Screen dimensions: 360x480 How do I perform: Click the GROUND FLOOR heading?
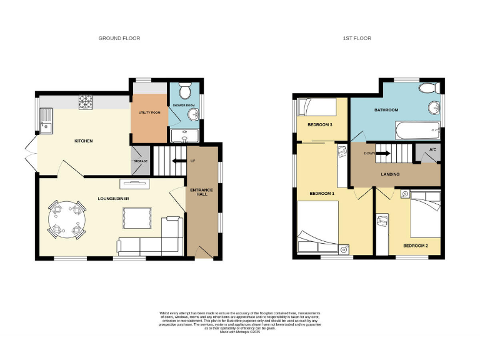click(x=119, y=38)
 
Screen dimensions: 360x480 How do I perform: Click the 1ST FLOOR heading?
click(x=356, y=38)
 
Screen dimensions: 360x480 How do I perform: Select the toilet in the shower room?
click(x=186, y=92)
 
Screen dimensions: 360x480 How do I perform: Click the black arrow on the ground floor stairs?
click(x=179, y=161)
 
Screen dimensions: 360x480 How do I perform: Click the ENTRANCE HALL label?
click(x=202, y=192)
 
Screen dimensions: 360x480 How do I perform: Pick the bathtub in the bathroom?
click(x=417, y=131)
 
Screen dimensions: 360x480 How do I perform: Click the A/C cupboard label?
click(x=432, y=158)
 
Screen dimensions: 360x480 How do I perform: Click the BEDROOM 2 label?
click(x=415, y=246)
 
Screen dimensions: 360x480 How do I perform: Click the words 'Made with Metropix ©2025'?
click(x=240, y=332)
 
